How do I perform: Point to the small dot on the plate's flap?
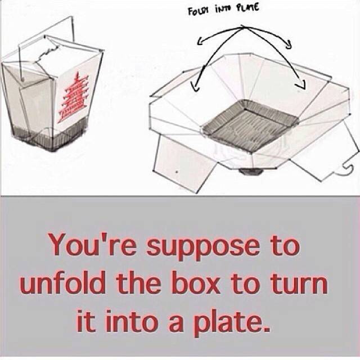pos(176,170)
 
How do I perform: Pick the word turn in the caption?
pos(304,285)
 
